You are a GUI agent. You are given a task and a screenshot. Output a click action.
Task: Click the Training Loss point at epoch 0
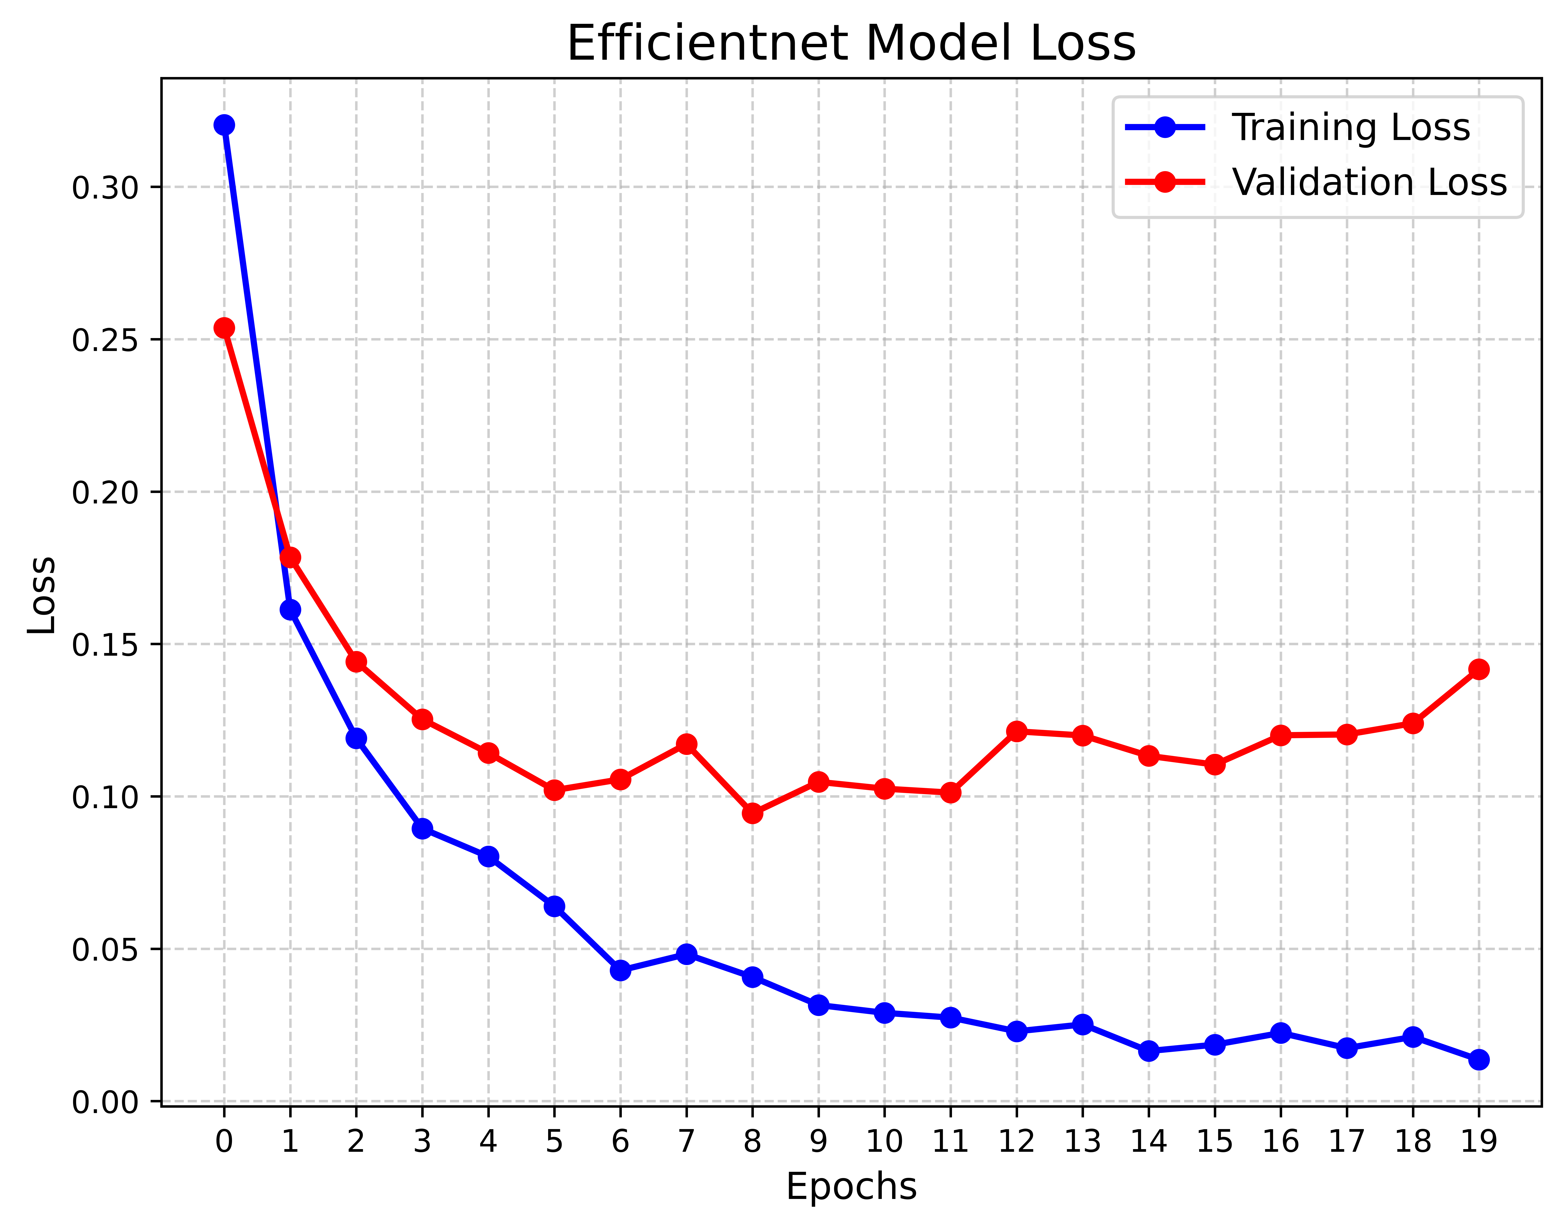pos(224,125)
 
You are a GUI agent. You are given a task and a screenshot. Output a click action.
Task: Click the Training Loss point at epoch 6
pos(620,971)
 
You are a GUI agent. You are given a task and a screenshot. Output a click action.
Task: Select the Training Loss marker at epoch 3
pos(423,829)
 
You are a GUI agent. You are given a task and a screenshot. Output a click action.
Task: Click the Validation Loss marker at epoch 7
pos(687,744)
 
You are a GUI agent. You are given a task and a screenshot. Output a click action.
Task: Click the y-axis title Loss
pos(42,595)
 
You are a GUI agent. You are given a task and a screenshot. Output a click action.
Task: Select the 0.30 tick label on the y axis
pos(105,188)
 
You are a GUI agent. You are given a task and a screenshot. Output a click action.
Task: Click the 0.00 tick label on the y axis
pos(105,1102)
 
